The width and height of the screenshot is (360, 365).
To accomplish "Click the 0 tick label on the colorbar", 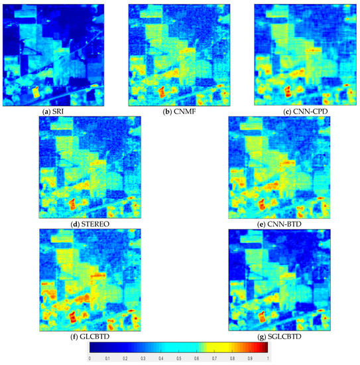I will point(90,358).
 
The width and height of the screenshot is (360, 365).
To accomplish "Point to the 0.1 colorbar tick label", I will point(108,358).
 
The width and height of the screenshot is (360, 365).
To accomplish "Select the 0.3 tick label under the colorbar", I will point(143,358).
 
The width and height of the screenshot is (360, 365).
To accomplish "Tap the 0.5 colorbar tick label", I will point(179,358).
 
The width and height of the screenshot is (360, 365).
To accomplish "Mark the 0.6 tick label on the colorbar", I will point(197,358).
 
